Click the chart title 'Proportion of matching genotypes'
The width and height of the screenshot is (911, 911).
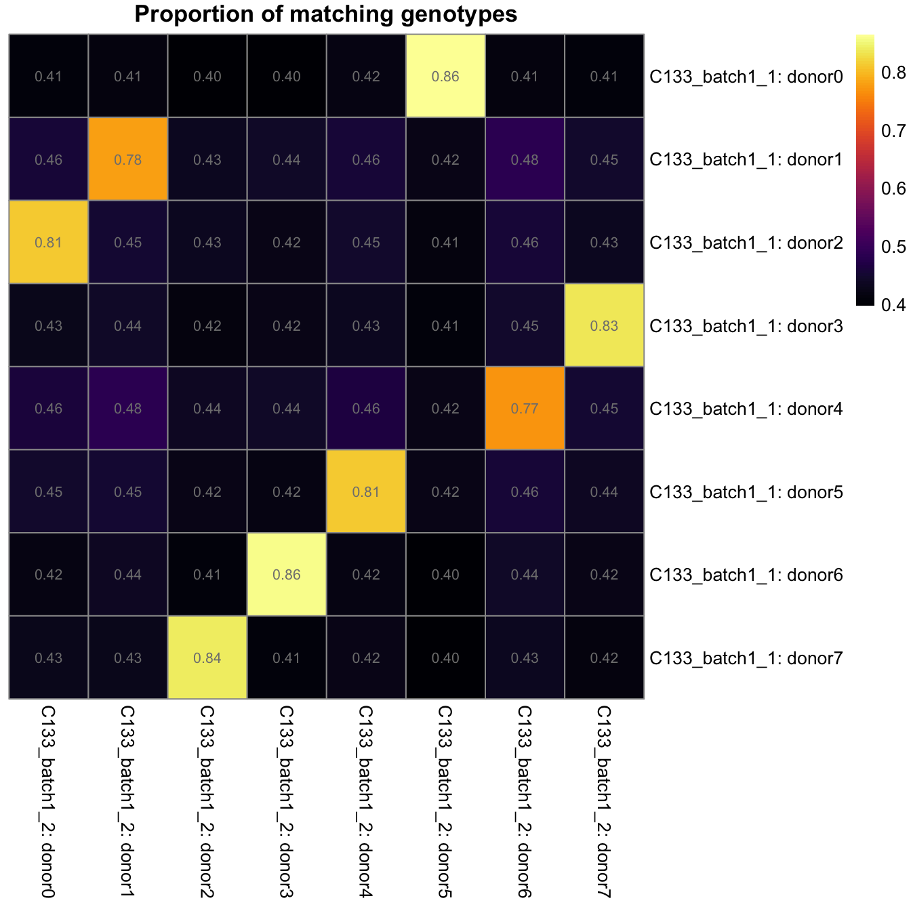(x=325, y=14)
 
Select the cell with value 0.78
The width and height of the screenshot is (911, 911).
(x=128, y=159)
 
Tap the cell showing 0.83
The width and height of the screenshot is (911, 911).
(x=604, y=325)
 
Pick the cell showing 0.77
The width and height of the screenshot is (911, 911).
(x=525, y=408)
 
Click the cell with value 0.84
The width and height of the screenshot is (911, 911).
(x=207, y=657)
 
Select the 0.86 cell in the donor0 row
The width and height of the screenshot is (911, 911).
(x=445, y=76)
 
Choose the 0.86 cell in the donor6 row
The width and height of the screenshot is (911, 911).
(x=287, y=574)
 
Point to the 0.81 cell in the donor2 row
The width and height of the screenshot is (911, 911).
(x=48, y=242)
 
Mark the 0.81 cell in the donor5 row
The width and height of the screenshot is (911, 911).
(x=366, y=491)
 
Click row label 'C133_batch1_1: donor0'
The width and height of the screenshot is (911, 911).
(x=746, y=77)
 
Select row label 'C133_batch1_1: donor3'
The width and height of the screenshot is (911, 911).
(x=746, y=326)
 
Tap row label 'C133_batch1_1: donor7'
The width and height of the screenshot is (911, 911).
(x=746, y=658)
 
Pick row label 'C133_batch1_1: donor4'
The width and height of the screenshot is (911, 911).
(x=746, y=409)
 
